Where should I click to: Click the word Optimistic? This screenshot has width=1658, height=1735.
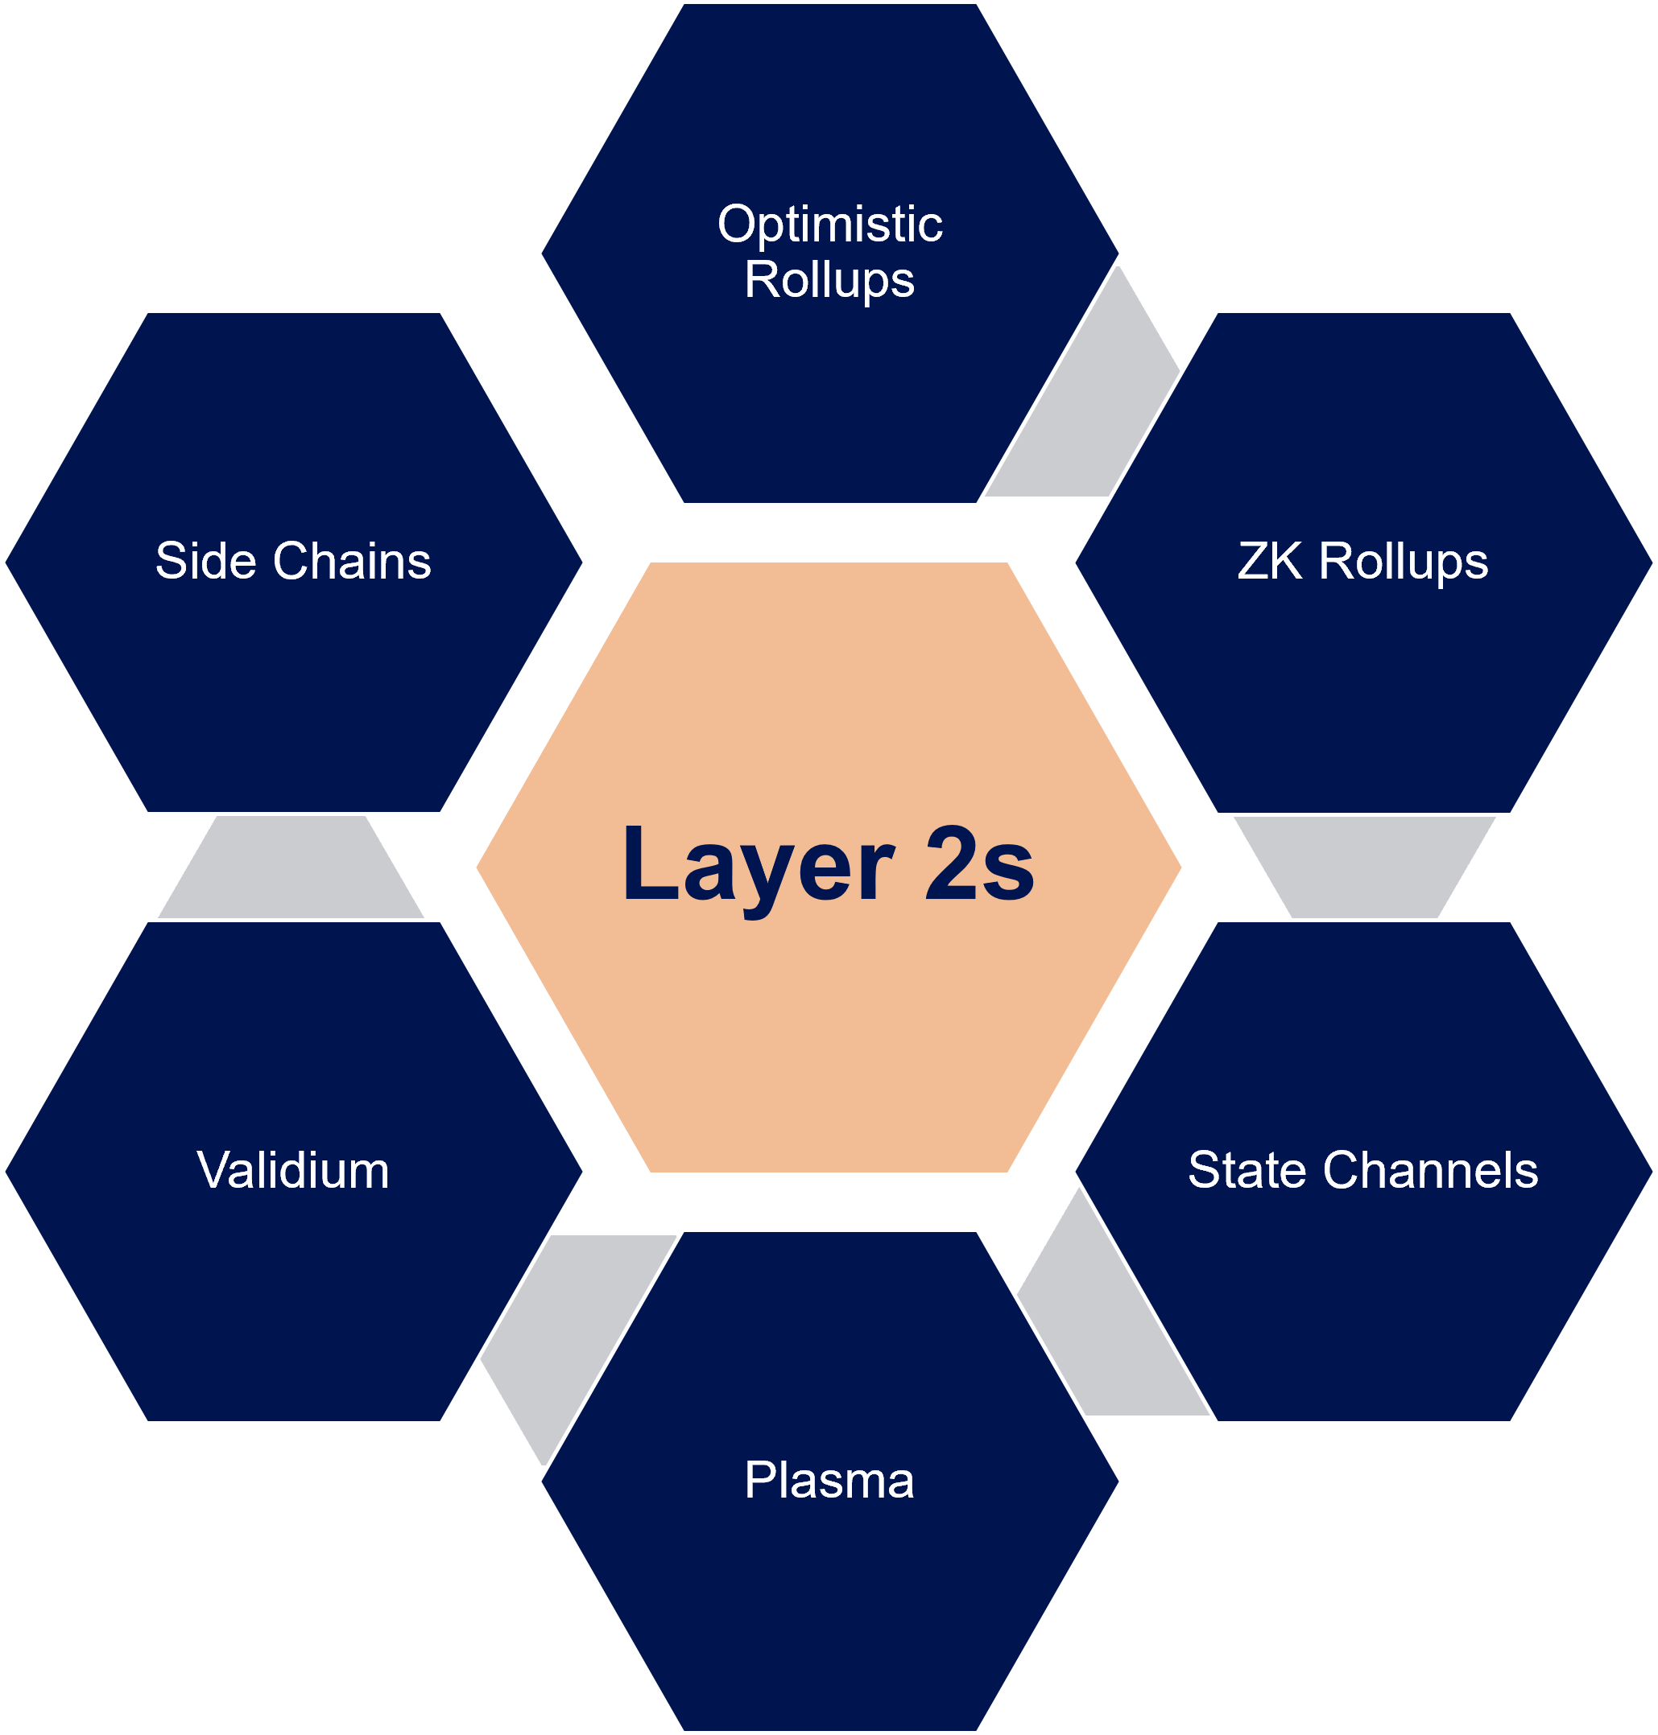tap(830, 225)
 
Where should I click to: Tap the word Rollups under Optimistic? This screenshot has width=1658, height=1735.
tap(829, 281)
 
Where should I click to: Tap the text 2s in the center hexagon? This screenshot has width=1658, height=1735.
tap(979, 866)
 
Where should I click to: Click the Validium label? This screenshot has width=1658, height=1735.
tap(292, 1171)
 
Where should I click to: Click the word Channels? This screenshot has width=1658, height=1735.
tap(1431, 1171)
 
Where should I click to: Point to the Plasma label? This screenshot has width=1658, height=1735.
tap(829, 1481)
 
